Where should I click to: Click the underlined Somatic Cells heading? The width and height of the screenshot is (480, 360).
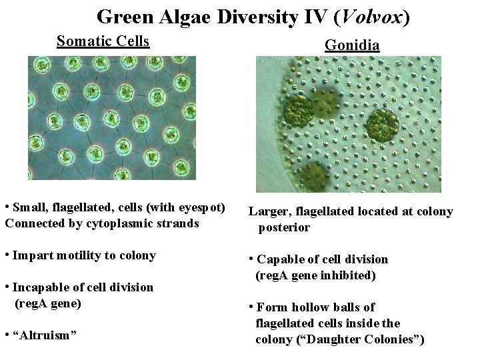103,41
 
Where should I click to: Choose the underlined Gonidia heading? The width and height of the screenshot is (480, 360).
352,45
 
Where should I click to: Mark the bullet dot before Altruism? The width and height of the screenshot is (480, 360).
7,333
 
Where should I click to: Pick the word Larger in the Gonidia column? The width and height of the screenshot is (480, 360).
267,212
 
